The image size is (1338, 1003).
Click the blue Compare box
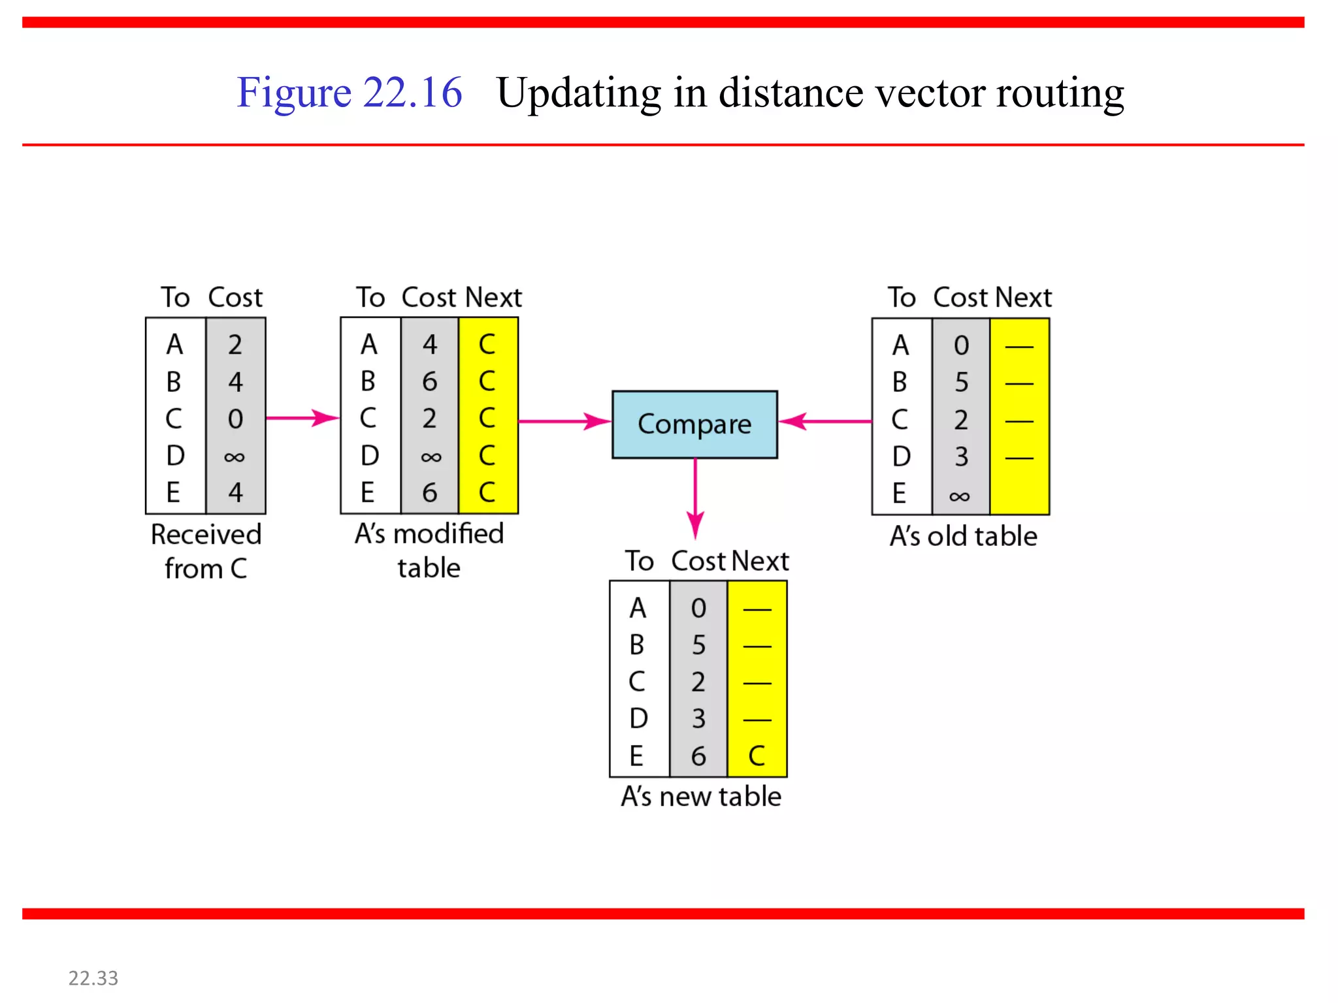694,424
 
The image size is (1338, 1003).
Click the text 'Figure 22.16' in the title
350,92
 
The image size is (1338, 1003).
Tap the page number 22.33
93,978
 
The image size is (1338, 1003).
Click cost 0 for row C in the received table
235,419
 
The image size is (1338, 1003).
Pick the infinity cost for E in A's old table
960,496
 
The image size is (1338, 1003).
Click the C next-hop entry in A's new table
757,756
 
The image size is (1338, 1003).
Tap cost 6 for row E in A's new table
698,756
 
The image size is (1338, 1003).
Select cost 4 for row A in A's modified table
429,344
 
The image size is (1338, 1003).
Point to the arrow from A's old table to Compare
824,421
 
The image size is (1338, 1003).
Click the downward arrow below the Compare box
695,500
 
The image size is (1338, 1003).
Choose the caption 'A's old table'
963,536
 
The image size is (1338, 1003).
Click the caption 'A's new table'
701,797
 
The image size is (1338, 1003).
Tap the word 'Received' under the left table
206,535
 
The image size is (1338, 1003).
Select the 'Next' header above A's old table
1023,298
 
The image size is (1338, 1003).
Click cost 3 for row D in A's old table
961,456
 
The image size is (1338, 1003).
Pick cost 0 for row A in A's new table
698,609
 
